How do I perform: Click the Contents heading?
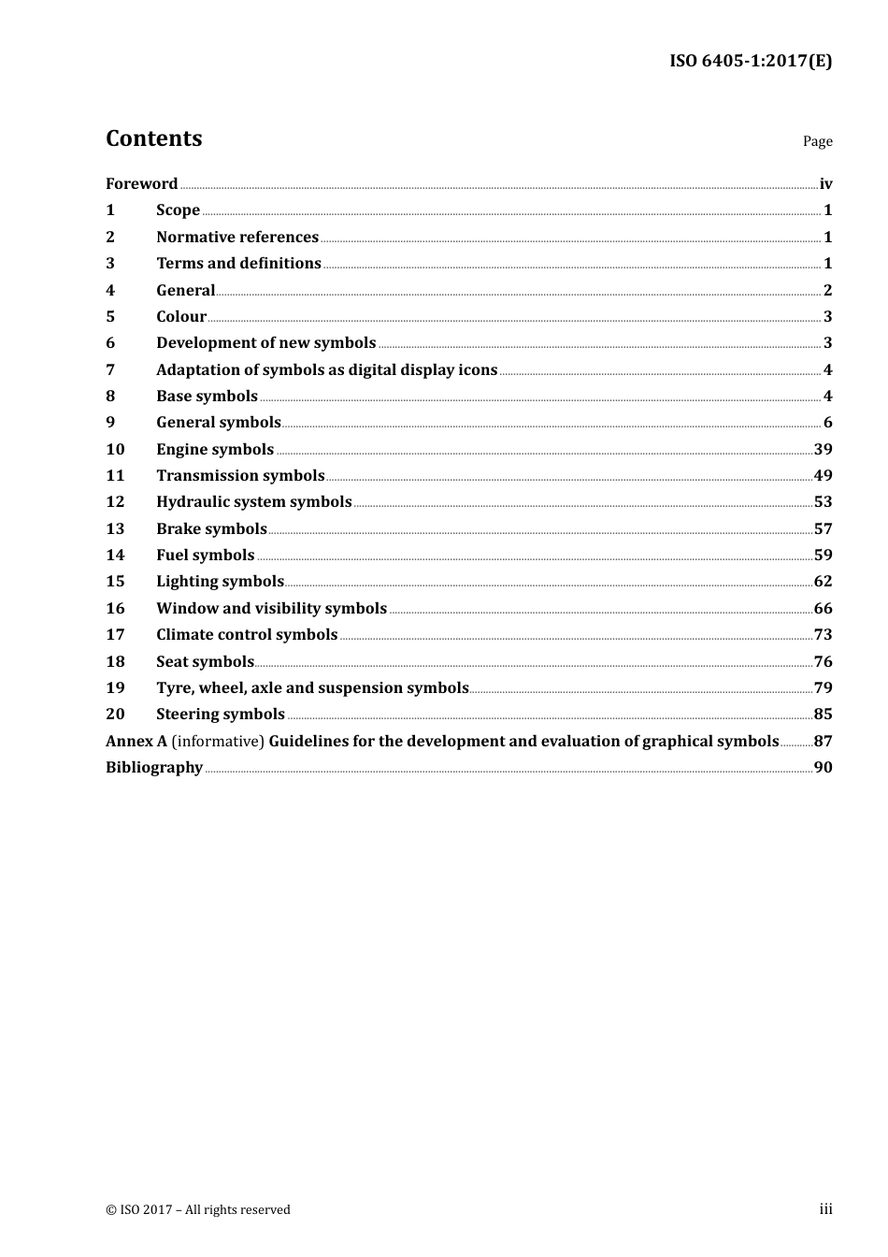(153, 138)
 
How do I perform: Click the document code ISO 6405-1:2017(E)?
(750, 61)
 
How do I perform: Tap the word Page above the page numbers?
(817, 141)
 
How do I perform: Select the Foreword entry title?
(141, 183)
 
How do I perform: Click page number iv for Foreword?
(825, 183)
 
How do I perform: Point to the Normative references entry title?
(237, 237)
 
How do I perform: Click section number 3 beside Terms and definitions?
(110, 263)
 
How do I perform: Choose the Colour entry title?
(180, 316)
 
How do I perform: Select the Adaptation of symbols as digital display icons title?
(326, 369)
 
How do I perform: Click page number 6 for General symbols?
(827, 423)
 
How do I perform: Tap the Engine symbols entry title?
(215, 449)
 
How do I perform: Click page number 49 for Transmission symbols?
(823, 475)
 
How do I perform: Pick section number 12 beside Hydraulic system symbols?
(115, 501)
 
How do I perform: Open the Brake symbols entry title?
(211, 528)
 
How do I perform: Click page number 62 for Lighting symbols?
(823, 581)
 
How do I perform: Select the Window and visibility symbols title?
(271, 608)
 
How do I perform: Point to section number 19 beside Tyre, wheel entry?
(115, 687)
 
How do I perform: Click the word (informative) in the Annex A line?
(218, 741)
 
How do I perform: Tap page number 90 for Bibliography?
(823, 767)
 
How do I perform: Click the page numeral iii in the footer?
(825, 1209)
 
